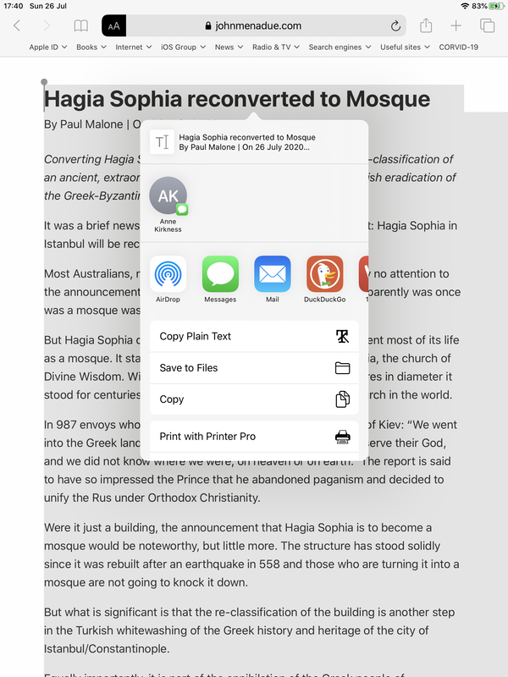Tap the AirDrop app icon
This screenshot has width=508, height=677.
(168, 274)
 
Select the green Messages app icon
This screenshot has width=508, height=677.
(220, 274)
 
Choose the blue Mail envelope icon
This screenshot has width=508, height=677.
(273, 274)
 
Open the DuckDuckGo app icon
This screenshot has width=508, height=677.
(324, 274)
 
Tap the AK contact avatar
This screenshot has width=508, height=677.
(168, 196)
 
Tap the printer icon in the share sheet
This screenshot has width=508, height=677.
(342, 437)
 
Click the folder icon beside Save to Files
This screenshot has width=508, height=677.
(342, 368)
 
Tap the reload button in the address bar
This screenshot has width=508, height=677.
(395, 26)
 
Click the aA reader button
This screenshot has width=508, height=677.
(113, 26)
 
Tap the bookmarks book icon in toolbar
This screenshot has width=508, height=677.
(80, 26)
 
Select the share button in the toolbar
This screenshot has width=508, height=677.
(426, 26)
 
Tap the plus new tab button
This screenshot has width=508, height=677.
(456, 26)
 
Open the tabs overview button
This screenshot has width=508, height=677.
(487, 26)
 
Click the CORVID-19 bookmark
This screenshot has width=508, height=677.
(458, 47)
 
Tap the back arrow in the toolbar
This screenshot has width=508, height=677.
(17, 26)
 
